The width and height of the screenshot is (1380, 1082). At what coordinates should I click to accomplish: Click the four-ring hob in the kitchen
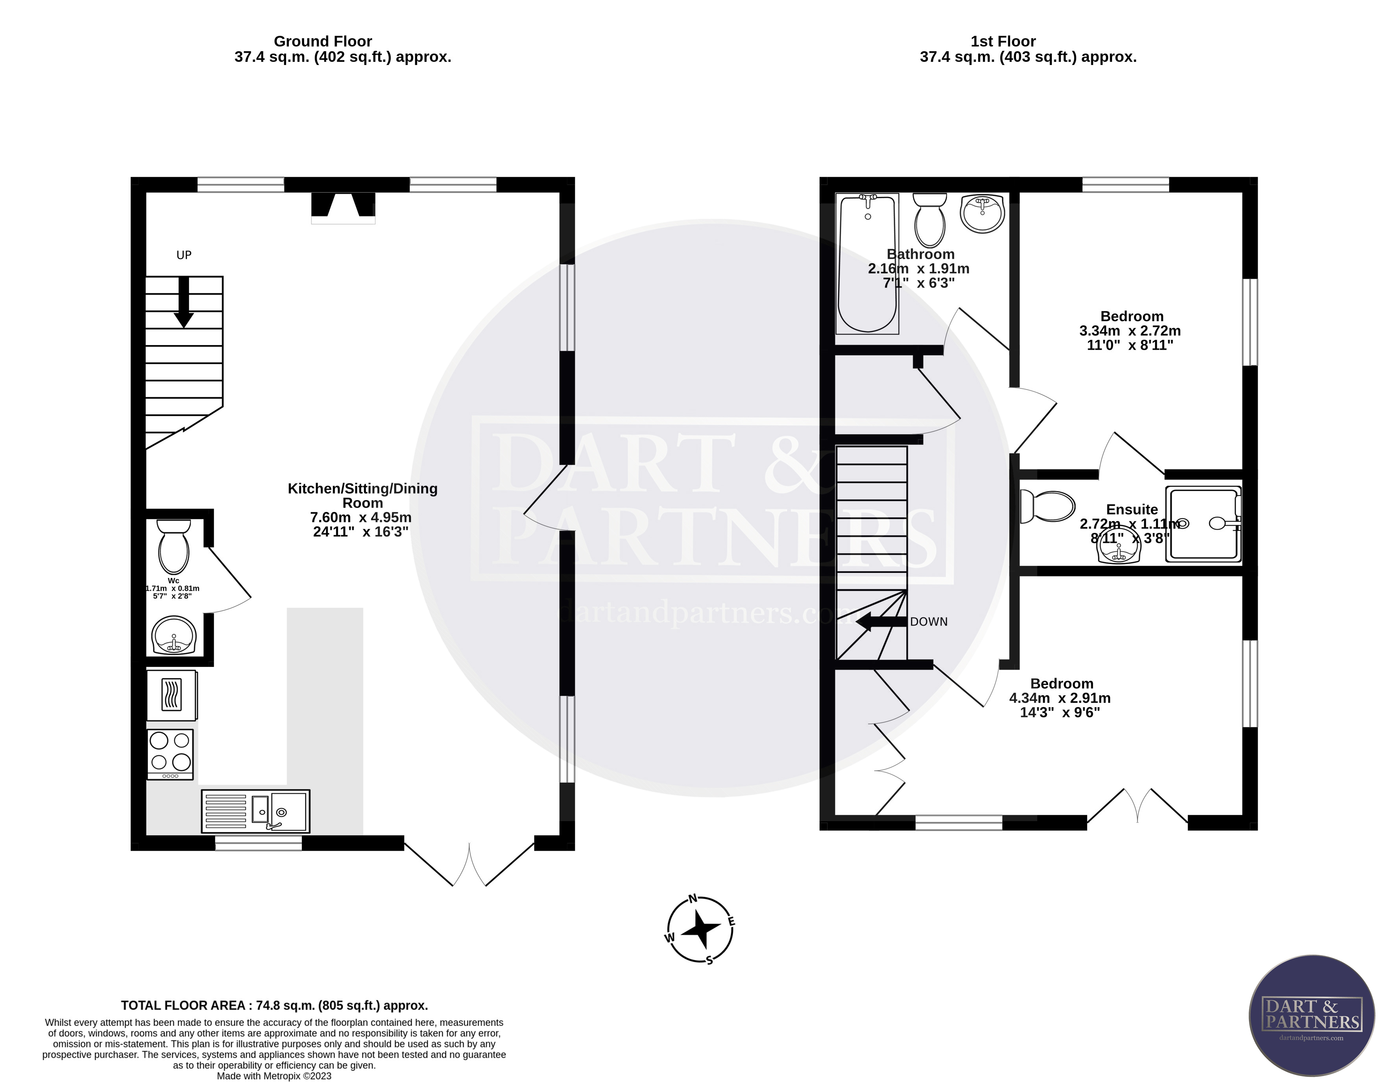click(170, 753)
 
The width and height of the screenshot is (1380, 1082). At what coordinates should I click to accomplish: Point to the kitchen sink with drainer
click(255, 811)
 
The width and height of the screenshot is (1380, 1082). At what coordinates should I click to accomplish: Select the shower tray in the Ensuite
click(1203, 524)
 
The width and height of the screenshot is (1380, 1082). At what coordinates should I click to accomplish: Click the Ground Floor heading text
click(323, 42)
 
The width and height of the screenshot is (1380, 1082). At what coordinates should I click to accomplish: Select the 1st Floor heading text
click(1003, 42)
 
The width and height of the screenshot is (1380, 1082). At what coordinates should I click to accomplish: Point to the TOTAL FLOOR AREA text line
click(274, 1005)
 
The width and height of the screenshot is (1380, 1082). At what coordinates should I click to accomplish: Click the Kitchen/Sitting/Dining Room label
click(362, 495)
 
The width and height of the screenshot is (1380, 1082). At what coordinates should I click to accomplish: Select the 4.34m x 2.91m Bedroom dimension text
click(1060, 698)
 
